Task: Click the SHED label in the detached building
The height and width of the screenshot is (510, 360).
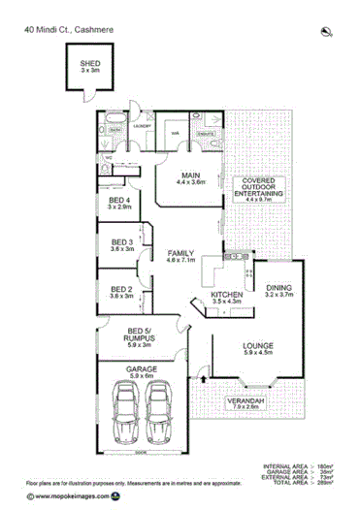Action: [88, 65]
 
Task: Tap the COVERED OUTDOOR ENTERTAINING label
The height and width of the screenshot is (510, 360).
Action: [260, 188]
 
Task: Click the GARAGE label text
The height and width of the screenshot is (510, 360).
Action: [142, 369]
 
